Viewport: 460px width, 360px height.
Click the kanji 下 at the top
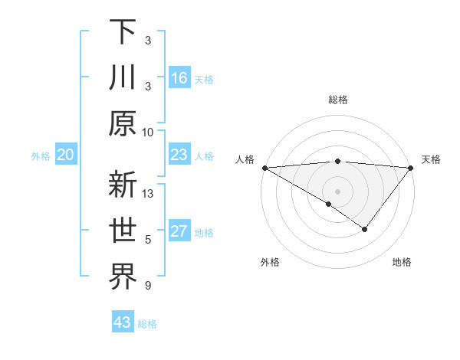point(123,32)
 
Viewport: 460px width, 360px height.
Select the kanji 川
point(123,78)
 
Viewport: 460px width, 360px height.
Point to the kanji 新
point(123,186)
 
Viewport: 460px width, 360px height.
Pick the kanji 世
point(123,232)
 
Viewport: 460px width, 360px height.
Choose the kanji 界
point(123,278)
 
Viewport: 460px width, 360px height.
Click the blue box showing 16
point(179,78)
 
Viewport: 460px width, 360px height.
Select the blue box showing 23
point(179,155)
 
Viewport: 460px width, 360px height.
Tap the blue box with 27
point(179,232)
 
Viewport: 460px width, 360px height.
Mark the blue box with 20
point(66,155)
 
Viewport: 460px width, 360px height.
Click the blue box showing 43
point(122,322)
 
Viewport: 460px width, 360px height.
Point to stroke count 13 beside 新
point(149,194)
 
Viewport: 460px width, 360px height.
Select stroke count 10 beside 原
point(149,132)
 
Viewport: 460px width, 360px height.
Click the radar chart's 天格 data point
point(410,168)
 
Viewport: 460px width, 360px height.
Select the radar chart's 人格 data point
point(264,168)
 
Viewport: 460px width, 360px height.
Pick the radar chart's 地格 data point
point(365,229)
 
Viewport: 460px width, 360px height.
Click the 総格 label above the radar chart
point(337,100)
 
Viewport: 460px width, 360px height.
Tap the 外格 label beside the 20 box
point(41,156)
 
